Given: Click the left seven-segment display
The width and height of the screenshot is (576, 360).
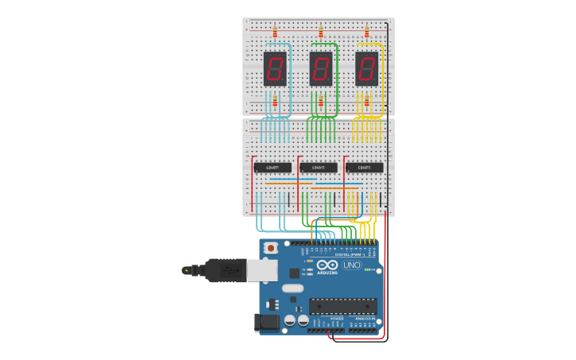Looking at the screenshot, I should click(275, 69).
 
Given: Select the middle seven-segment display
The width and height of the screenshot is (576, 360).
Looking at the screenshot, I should click(321, 69).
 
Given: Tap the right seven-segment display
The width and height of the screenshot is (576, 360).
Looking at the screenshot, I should click(366, 69).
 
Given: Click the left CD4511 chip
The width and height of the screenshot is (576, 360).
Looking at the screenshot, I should click(273, 168).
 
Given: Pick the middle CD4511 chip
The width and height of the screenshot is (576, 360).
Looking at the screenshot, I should click(319, 168).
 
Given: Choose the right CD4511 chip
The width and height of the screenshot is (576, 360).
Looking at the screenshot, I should click(365, 168).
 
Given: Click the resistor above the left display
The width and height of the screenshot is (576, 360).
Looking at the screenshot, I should click(275, 32).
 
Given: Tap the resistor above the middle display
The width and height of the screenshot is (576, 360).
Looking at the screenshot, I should click(321, 32).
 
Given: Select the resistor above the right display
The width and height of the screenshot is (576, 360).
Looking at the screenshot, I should click(366, 32).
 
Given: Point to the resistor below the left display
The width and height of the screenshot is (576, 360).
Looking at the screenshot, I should click(275, 102).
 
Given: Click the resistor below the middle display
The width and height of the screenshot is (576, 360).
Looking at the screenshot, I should click(321, 102).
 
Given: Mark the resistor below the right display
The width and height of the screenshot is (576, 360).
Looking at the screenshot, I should click(366, 102).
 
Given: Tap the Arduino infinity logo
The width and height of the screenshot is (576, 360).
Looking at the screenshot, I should click(327, 265).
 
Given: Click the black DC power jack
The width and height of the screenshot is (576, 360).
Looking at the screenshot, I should click(268, 322).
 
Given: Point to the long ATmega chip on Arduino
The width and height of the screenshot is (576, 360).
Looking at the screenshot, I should click(343, 306).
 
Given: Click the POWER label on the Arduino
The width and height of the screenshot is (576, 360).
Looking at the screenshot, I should click(337, 319).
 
